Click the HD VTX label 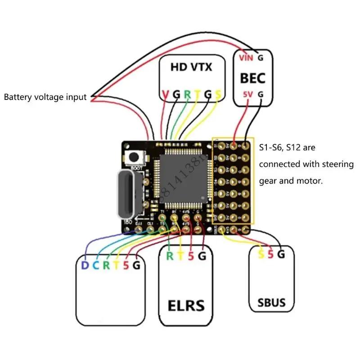pos(191,67)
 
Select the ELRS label pos(186,306)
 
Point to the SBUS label pos(272,302)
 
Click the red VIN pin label pos(246,58)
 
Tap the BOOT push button pos(134,157)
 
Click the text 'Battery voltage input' pos(45,97)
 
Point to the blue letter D pos(85,265)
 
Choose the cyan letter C pos(95,265)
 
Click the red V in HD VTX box pos(165,94)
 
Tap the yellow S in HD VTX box pos(218,94)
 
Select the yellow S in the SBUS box pos(261,254)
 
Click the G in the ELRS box pos(202,256)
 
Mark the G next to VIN pos(260,58)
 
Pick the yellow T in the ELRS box pos(181,256)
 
